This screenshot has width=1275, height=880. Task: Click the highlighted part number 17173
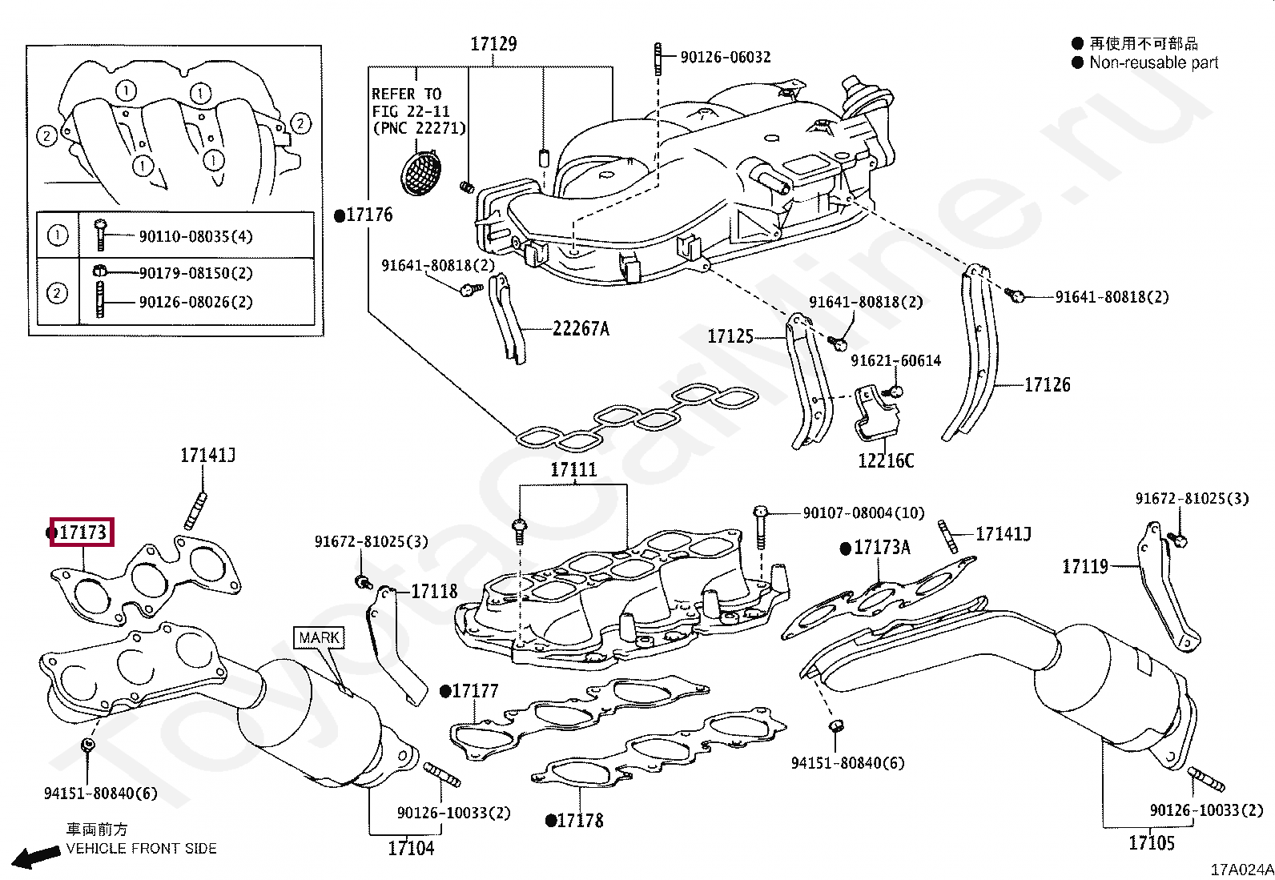point(82,532)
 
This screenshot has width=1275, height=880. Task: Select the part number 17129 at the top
point(493,44)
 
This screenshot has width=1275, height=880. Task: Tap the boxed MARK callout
point(319,638)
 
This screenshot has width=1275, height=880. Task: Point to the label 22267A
point(581,328)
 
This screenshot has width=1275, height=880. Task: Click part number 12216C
point(886,460)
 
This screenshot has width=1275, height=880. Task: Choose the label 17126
point(1048,385)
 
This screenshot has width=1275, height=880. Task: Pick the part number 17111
point(573,470)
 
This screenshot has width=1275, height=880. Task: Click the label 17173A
point(882,548)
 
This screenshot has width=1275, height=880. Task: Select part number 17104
point(411,848)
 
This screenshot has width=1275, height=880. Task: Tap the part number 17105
point(1152,842)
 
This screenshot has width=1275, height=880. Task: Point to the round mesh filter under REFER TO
point(422,171)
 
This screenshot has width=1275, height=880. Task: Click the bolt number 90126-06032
point(726,57)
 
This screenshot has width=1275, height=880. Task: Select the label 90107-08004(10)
point(863,512)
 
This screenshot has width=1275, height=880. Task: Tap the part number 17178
point(580,821)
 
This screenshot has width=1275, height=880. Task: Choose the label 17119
point(1085,567)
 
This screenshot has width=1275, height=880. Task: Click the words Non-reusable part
point(1153,62)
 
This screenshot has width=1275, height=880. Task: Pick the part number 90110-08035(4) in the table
point(195,236)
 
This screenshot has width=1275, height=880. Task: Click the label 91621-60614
point(895,361)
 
